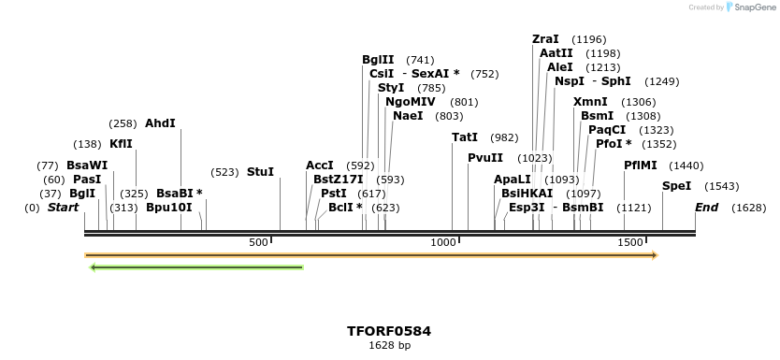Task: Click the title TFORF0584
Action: coord(389,331)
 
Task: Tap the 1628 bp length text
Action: coord(389,346)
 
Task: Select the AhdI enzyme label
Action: coord(160,123)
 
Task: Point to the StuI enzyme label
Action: coord(260,172)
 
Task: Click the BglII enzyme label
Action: coord(378,60)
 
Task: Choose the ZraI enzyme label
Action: coord(545,39)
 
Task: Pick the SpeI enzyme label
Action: coord(676,186)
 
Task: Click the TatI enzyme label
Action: coord(465,137)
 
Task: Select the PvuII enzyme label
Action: coord(485,158)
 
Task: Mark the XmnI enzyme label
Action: coord(590,102)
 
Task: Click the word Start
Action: coord(63,208)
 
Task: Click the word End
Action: coord(706,208)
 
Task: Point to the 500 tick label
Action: coord(258,243)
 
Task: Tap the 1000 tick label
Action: coord(442,243)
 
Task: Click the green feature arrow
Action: coord(196,267)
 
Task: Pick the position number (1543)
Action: coord(721,186)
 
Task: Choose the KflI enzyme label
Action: coord(121,144)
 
